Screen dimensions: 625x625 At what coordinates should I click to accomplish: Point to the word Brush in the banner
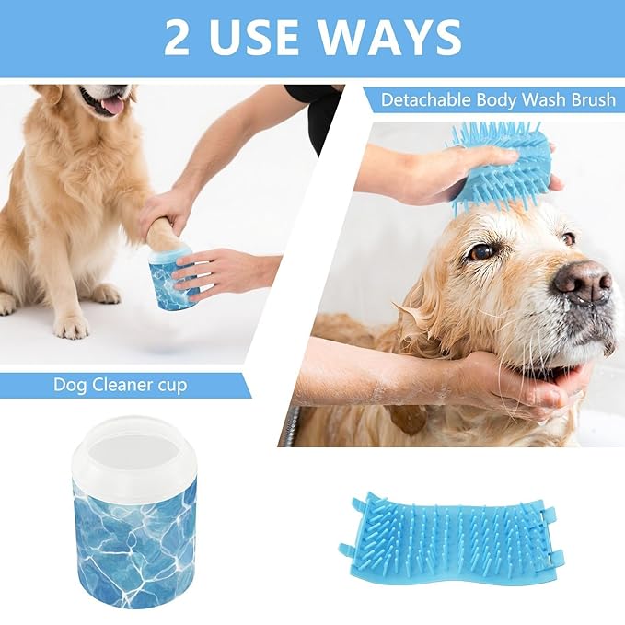coord(589,99)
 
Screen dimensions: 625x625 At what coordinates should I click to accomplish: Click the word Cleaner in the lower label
coord(122,384)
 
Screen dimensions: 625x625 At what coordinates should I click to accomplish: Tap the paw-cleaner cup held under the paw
coord(173,277)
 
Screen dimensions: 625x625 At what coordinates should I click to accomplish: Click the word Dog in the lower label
coord(71,385)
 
